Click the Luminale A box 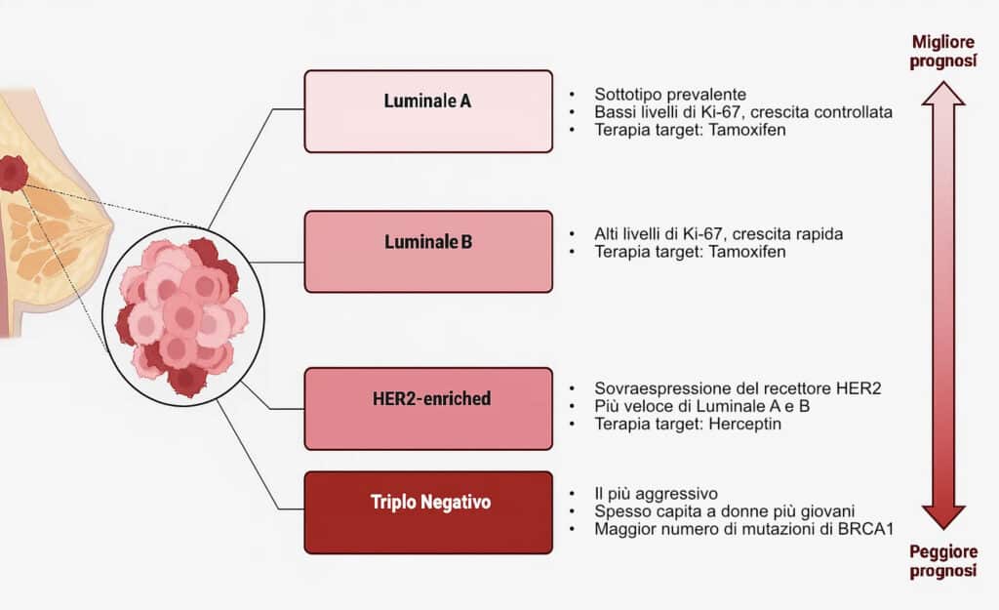428,111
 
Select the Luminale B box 428,252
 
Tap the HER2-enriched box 428,409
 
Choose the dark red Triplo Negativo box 428,512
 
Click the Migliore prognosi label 943,52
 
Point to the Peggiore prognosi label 943,561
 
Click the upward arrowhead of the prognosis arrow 943,94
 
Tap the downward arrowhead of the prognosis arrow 943,517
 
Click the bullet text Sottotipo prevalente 670,95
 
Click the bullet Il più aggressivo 657,494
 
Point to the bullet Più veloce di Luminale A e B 702,406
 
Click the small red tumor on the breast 13,174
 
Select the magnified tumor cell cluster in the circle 181,317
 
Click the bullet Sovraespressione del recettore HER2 738,388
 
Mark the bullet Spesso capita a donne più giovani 725,511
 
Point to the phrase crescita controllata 821,112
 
